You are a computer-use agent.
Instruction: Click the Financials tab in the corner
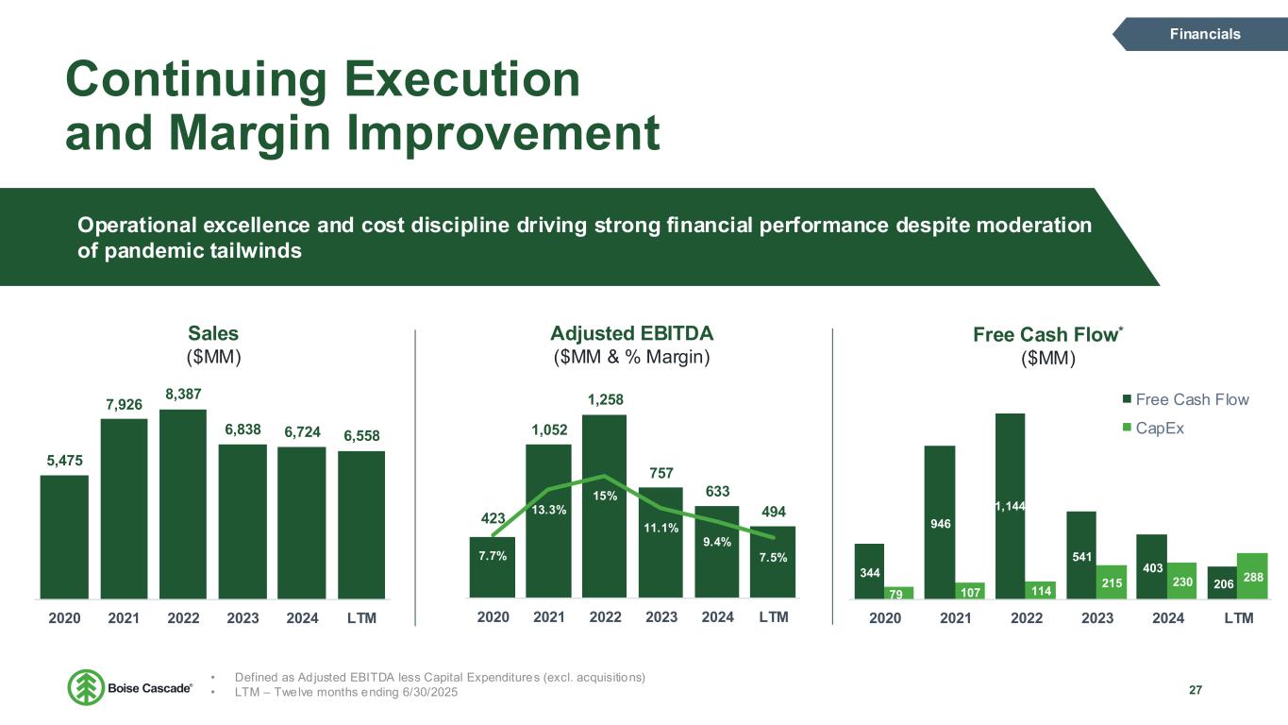[1204, 34]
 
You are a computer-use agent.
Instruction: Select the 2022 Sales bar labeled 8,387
[183, 504]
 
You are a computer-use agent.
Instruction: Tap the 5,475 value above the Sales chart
[64, 461]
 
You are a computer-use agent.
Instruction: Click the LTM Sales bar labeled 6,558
[361, 525]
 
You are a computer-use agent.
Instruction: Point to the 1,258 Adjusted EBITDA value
[605, 401]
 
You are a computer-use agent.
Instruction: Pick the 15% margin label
[605, 496]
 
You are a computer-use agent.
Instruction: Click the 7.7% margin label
[492, 557]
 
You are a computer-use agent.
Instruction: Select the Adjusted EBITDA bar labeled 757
[661, 542]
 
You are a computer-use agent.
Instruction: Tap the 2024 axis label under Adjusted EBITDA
[718, 617]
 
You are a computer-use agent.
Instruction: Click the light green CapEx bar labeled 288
[1253, 575]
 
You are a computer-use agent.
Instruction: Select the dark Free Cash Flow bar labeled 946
[940, 521]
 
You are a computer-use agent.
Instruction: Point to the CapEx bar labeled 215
[1112, 582]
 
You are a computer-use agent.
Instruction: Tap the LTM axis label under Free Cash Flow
[1239, 618]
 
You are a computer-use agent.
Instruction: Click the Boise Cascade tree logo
[86, 687]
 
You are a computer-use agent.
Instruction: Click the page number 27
[1196, 689]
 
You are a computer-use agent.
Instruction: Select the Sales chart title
[213, 333]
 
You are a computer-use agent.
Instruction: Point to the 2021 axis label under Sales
[125, 618]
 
